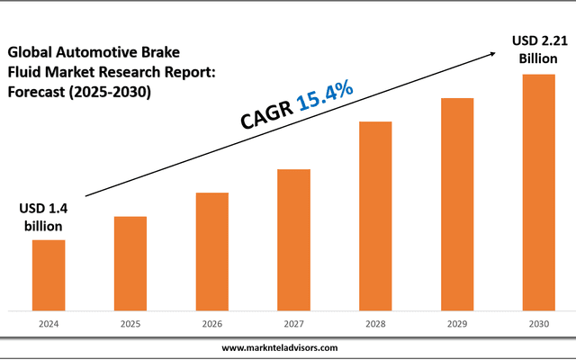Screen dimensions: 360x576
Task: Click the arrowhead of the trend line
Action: [x=493, y=55]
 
